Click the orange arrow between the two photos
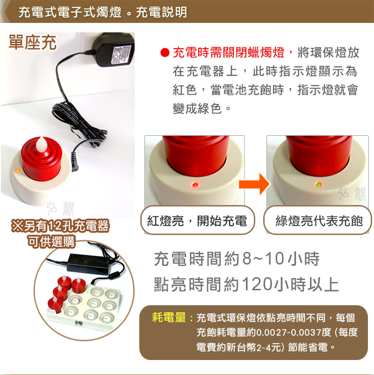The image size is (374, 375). click(255, 184)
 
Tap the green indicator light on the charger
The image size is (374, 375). click(318, 185)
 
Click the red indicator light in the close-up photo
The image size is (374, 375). click(195, 185)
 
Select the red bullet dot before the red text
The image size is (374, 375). click(165, 52)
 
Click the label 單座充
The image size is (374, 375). click(32, 43)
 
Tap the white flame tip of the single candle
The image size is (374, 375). click(42, 145)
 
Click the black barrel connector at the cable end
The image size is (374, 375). click(74, 162)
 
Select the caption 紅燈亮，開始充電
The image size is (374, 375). click(197, 221)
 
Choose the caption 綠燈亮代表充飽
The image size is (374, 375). click(319, 221)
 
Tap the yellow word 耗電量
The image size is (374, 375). click(169, 317)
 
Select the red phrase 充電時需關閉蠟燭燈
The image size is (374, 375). click(229, 52)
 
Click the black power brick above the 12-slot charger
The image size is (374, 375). click(88, 263)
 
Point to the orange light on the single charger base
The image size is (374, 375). click(17, 170)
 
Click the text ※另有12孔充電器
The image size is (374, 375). click(60, 226)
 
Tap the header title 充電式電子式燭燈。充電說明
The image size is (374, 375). click(103, 12)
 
